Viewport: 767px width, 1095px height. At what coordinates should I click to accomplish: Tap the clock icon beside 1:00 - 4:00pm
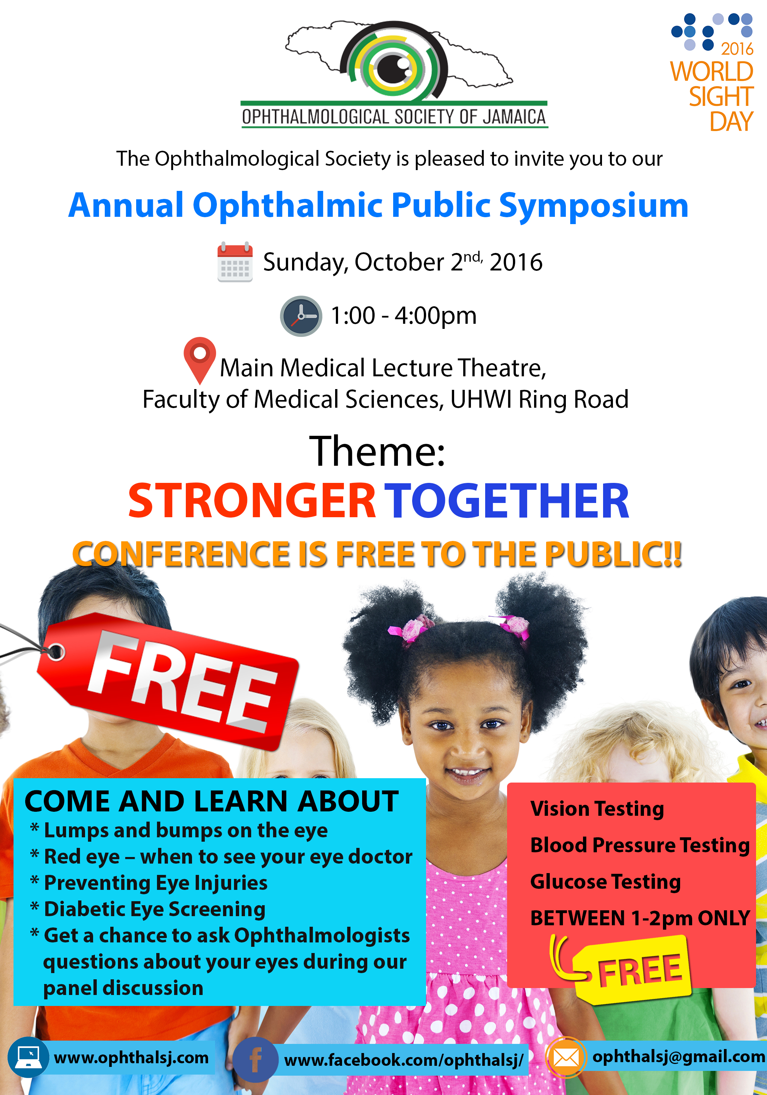click(x=301, y=316)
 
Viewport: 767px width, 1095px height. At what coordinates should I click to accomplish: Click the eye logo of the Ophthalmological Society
click(x=394, y=63)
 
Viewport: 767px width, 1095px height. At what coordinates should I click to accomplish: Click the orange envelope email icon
click(x=566, y=1058)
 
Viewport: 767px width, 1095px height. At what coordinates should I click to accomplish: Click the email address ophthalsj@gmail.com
click(x=679, y=1056)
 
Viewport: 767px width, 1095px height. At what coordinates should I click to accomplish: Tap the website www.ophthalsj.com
click(x=131, y=1058)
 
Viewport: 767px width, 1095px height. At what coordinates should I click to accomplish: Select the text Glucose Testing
click(x=605, y=882)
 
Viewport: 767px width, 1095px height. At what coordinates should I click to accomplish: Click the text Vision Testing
click(x=597, y=809)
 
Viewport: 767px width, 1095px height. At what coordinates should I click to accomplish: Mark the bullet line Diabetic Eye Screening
click(x=147, y=909)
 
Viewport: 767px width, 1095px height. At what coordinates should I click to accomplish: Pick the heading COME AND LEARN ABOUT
click(x=212, y=801)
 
